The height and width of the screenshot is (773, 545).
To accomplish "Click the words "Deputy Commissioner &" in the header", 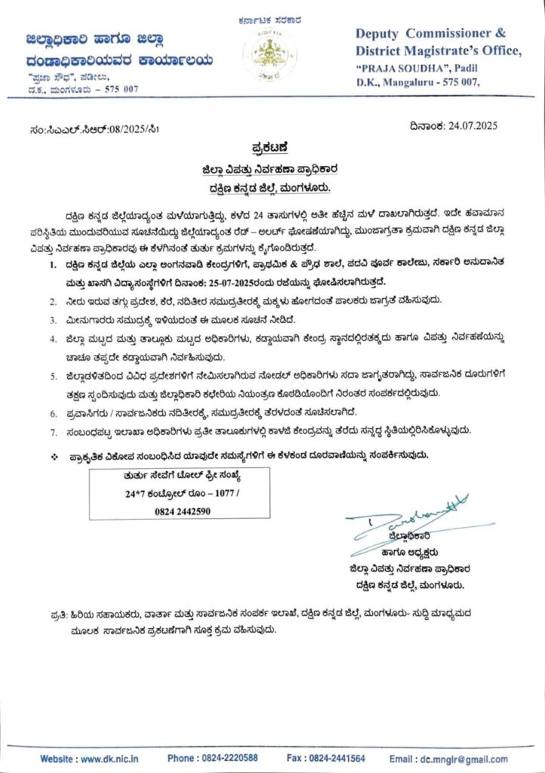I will point(431,34).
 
